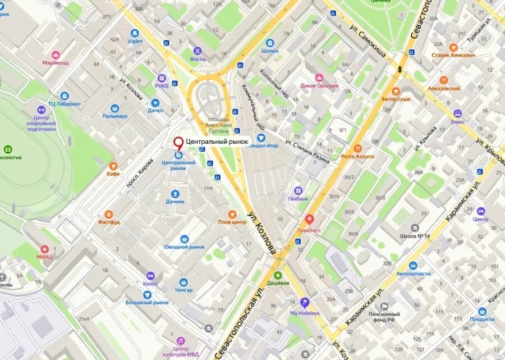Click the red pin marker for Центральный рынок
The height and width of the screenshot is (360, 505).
click(178, 144)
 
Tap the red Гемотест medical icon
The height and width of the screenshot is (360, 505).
click(309, 219)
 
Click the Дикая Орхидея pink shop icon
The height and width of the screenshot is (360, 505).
click(319, 78)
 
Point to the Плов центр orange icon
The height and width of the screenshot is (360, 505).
click(232, 214)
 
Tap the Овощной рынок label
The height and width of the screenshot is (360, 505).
click(184, 247)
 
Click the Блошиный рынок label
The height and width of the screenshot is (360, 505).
click(148, 302)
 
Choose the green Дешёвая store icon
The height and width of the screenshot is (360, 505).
click(278, 275)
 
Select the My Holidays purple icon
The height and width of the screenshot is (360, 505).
click(304, 303)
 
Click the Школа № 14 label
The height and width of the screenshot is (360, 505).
click(415, 236)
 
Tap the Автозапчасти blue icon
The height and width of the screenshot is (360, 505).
click(414, 266)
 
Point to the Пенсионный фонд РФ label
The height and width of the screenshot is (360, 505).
click(384, 317)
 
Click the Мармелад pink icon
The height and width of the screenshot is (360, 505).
click(56, 55)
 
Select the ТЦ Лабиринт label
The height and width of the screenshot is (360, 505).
click(64, 104)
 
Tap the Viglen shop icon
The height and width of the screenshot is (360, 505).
click(135, 33)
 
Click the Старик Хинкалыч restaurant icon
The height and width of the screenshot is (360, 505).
click(453, 48)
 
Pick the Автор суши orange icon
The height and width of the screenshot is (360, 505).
click(396, 91)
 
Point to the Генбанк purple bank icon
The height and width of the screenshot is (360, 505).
click(298, 190)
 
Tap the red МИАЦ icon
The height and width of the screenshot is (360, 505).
click(45, 249)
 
